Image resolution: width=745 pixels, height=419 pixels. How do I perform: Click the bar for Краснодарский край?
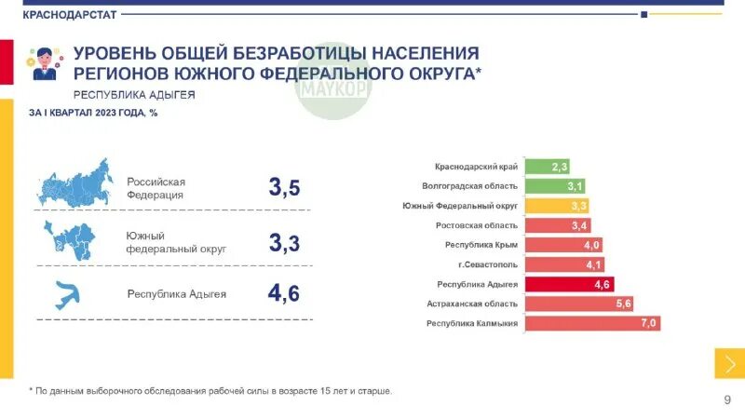click(548, 167)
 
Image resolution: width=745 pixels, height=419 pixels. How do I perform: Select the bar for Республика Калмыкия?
click(593, 324)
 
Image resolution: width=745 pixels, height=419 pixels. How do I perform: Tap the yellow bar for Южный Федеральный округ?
click(557, 206)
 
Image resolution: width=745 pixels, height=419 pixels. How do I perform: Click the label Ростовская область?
click(477, 225)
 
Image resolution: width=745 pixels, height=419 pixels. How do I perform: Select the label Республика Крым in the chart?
click(481, 245)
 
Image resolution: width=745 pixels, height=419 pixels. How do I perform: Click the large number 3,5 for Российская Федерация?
click(284, 187)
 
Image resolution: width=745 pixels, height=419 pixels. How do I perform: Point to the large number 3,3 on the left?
click(284, 243)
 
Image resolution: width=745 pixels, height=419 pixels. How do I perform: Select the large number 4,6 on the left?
click(284, 293)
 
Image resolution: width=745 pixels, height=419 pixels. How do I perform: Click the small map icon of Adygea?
click(68, 294)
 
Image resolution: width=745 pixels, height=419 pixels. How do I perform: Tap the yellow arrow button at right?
click(729, 363)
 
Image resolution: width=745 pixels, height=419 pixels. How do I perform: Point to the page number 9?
click(727, 399)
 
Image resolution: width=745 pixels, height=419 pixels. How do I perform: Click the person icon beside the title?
click(43, 63)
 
